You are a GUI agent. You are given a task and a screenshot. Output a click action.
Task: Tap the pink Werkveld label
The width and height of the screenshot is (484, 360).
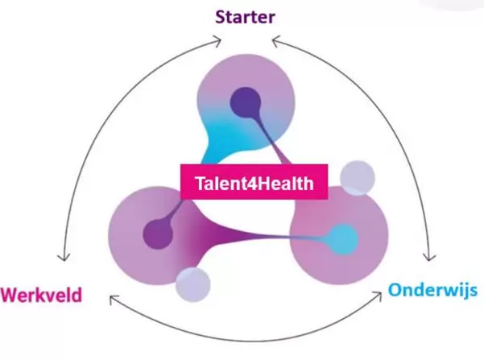tap(41, 294)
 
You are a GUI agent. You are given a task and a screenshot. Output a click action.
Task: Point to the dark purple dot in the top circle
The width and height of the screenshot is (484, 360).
tap(243, 102)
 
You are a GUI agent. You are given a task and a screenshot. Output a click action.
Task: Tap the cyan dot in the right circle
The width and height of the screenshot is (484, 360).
tap(345, 237)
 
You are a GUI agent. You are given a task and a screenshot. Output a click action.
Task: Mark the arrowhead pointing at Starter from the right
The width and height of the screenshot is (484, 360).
tap(274, 38)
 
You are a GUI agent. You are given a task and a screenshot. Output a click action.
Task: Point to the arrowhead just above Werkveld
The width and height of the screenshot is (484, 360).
tap(61, 259)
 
